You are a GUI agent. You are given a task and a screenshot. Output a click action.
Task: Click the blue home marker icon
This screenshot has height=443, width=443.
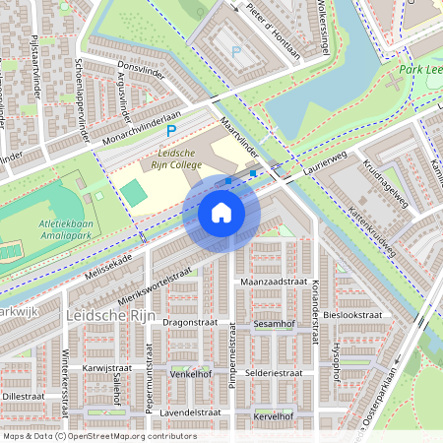click(x=221, y=212)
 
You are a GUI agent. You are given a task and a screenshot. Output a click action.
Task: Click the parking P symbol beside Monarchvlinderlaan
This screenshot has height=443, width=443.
click(x=170, y=130)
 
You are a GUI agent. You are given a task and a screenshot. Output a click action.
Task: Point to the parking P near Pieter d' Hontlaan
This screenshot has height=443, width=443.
click(x=234, y=51)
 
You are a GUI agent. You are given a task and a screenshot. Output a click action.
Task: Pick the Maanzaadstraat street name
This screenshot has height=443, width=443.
click(x=275, y=282)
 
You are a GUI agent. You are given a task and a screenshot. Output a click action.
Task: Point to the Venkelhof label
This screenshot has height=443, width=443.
click(x=191, y=374)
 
